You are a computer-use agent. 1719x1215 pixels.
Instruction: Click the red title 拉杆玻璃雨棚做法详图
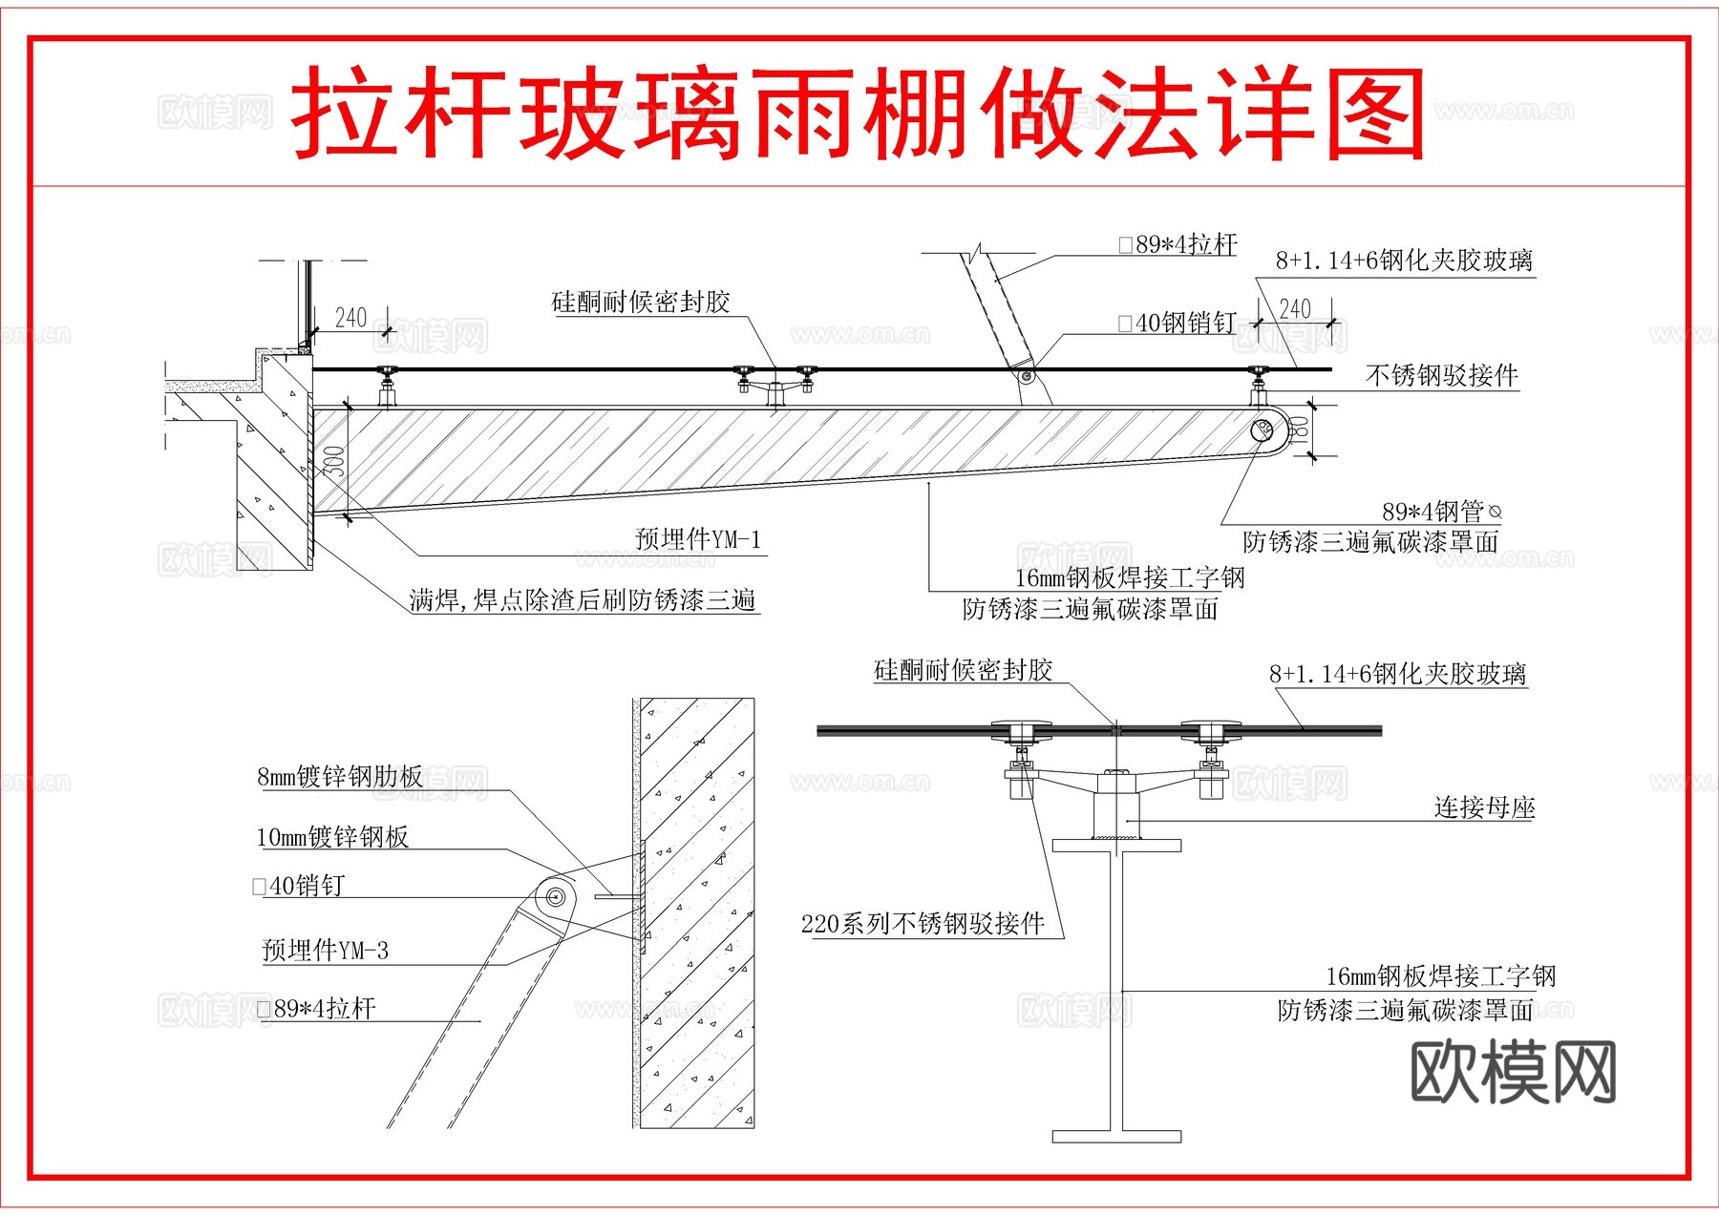[x=858, y=113]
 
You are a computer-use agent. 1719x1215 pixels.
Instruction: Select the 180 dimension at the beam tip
[x=1299, y=431]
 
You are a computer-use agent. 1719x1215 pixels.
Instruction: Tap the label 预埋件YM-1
[x=698, y=539]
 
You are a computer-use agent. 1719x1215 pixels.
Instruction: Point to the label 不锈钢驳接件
[x=1441, y=375]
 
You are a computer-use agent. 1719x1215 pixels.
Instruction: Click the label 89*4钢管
[x=1432, y=512]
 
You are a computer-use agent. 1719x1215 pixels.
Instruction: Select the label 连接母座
[x=1484, y=807]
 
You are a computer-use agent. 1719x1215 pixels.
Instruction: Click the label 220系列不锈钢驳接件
[x=923, y=923]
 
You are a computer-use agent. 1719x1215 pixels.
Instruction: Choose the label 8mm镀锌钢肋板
[x=340, y=776]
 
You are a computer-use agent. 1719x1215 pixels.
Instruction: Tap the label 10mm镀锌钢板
[x=332, y=837]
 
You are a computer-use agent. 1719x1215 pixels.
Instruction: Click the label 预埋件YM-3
[x=325, y=950]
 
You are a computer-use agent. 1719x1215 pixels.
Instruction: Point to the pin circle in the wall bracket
[x=555, y=896]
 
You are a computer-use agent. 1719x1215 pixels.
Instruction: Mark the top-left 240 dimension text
[x=350, y=317]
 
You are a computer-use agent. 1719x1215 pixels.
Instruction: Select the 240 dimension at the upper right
[x=1294, y=308]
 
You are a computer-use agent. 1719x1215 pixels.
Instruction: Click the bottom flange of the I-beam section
[x=1116, y=1136]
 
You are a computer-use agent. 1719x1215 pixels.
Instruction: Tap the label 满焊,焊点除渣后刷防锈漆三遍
[x=583, y=599]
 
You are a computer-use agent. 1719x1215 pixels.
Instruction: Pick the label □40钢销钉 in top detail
[x=1178, y=323]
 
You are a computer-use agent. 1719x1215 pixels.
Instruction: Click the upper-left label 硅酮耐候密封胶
[x=641, y=303]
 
